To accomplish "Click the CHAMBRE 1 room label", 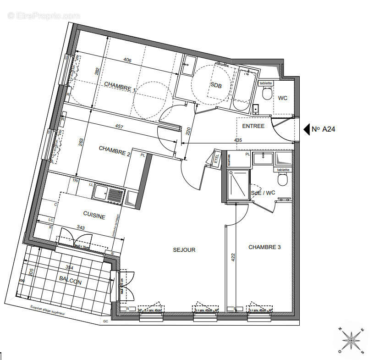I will point(120,87).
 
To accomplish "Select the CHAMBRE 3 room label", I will point(264,247).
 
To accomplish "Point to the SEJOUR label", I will point(184,250).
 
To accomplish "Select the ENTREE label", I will point(253,126).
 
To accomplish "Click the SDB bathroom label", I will point(216,85).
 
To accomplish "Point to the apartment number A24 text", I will point(324,129).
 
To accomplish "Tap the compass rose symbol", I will point(351,340).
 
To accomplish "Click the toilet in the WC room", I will point(266,94).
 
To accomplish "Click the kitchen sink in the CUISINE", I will point(108,193).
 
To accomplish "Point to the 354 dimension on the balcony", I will point(69,267).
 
